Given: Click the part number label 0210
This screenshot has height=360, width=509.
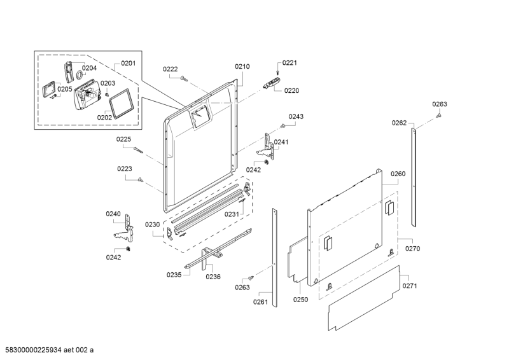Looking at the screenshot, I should pyautogui.click(x=242, y=66).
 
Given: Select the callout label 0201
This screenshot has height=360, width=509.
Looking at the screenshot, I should pyautogui.click(x=129, y=64).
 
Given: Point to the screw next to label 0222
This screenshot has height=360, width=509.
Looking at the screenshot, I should pyautogui.click(x=183, y=78).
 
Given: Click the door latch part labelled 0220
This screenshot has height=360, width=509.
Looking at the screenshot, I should pyautogui.click(x=272, y=83).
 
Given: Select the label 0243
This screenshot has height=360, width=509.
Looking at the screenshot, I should pyautogui.click(x=296, y=116).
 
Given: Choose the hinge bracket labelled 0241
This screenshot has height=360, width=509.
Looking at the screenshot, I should pyautogui.click(x=270, y=145).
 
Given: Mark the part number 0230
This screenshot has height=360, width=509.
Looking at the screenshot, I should pyautogui.click(x=152, y=225).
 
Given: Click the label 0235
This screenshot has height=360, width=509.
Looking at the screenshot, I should pyautogui.click(x=174, y=274).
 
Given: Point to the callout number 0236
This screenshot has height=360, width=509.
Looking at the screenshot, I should pyautogui.click(x=213, y=276).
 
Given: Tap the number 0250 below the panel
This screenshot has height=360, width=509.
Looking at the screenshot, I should pyautogui.click(x=301, y=299).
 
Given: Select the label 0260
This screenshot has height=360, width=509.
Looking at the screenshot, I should pyautogui.click(x=398, y=174).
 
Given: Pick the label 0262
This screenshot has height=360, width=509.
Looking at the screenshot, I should pyautogui.click(x=399, y=123).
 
